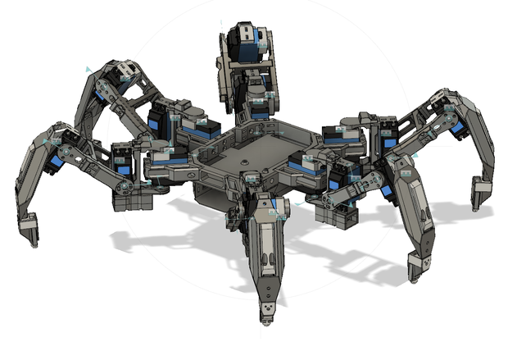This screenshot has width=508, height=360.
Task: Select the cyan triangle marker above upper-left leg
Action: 83,71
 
